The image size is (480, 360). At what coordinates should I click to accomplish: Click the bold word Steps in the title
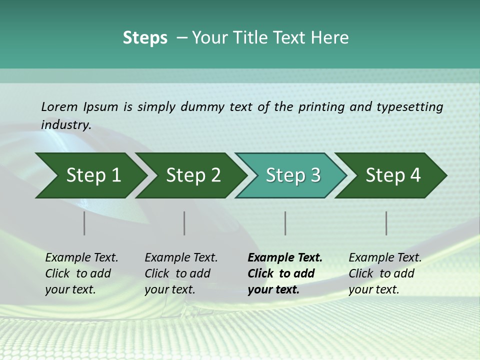145,38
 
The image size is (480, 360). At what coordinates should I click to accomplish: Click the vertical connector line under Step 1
84,223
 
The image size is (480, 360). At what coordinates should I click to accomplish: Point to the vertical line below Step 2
184,223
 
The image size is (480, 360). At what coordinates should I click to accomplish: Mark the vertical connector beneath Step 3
285,223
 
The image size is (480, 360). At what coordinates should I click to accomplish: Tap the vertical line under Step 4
386,223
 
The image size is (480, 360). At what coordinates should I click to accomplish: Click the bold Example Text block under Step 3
285,273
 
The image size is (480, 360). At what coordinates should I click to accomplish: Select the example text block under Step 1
81,273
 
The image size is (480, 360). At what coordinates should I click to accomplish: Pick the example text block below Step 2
181,273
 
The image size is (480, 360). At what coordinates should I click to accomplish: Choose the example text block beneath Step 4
384,273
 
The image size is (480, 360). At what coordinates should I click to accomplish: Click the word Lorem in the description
59,106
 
